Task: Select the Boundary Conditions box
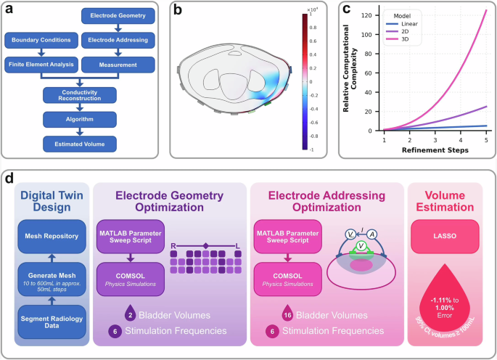(x=40, y=40)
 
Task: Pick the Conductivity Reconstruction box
(x=79, y=95)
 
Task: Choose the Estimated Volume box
(x=79, y=144)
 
